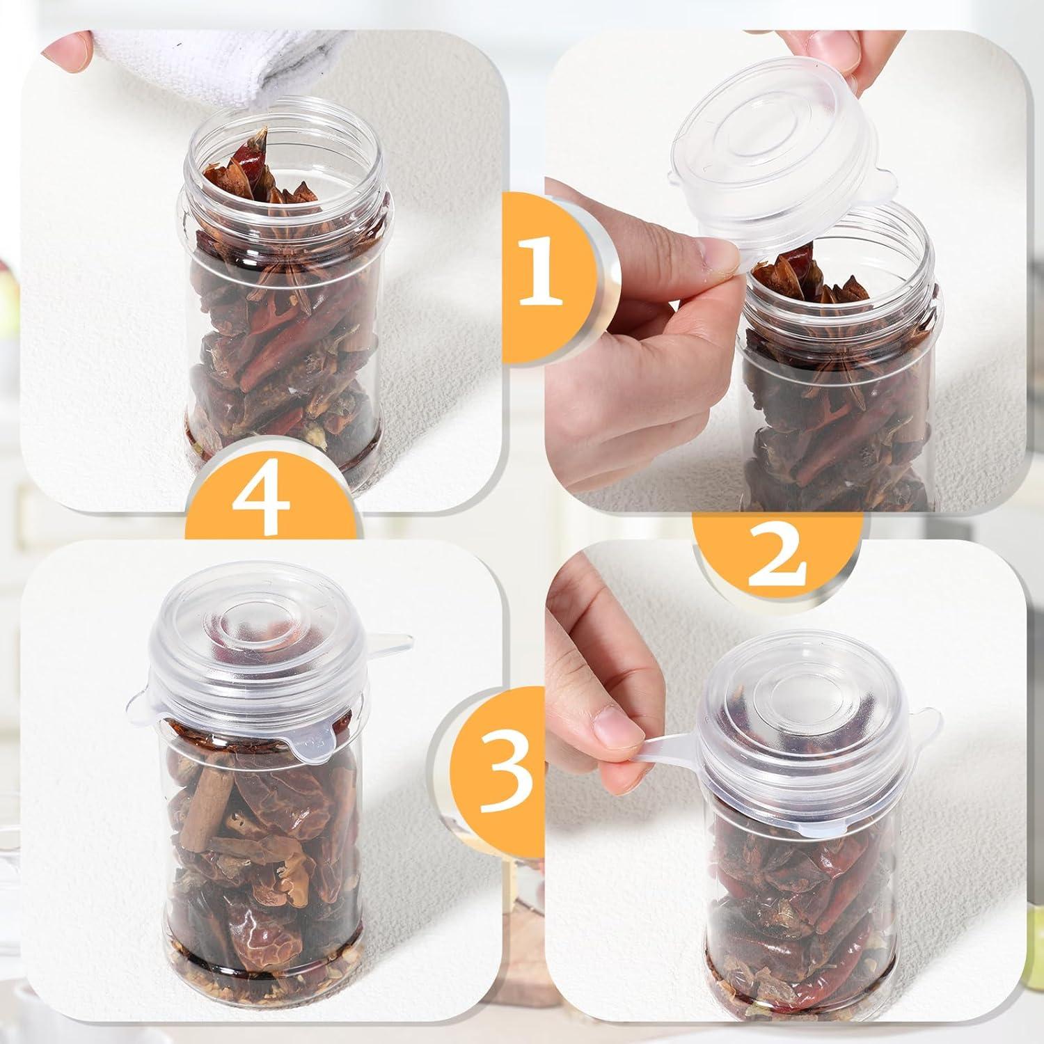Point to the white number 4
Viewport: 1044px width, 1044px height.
point(261,496)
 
